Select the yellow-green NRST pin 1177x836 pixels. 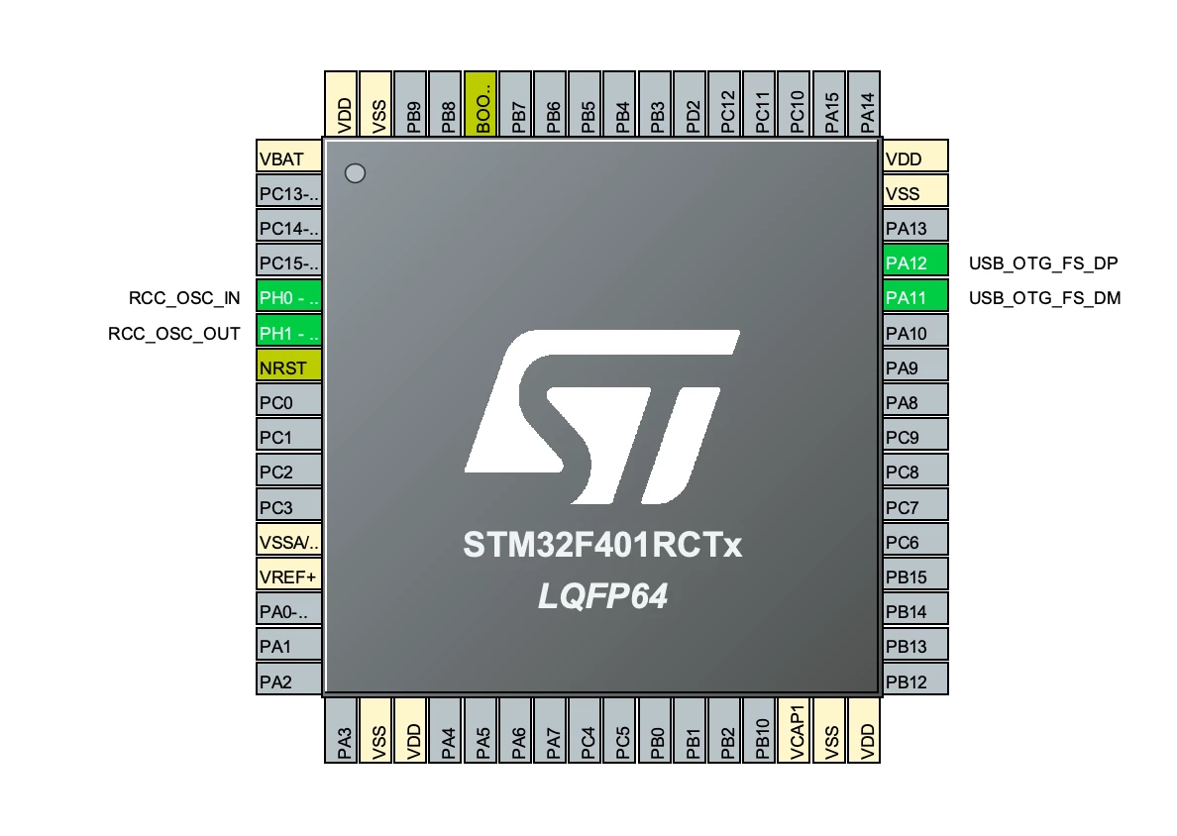click(289, 366)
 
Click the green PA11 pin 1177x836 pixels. click(915, 296)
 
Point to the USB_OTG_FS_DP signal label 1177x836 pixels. click(1043, 263)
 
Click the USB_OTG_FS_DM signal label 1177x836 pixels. click(1045, 298)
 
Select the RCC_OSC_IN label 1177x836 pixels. click(184, 298)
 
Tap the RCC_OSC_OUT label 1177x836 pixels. click(174, 333)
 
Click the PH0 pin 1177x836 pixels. click(289, 296)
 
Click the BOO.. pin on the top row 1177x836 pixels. click(481, 104)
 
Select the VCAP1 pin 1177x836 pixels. click(795, 730)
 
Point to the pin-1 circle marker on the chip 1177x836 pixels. click(355, 173)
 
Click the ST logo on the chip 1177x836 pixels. click(602, 416)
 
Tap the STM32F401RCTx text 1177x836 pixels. click(602, 545)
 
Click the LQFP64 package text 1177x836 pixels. click(602, 596)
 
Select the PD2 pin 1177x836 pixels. click(690, 104)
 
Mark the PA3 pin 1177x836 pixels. click(341, 730)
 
